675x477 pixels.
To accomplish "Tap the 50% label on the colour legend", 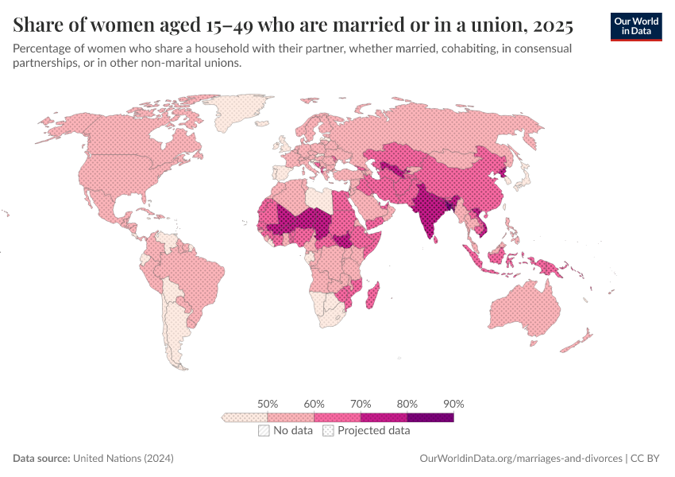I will [x=268, y=404].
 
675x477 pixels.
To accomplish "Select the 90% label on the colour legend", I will [x=453, y=404].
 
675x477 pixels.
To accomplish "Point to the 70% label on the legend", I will [x=361, y=404].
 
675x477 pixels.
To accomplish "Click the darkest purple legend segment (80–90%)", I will [x=430, y=417].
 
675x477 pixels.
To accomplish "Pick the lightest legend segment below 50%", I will [x=245, y=417].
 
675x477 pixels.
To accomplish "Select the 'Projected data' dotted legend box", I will [x=327, y=431].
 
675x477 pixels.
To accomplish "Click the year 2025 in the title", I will [x=553, y=25].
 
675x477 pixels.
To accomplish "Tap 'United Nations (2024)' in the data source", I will [x=123, y=459].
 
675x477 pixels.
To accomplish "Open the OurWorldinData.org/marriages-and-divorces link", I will [x=520, y=459].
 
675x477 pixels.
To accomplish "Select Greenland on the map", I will [x=241, y=111].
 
